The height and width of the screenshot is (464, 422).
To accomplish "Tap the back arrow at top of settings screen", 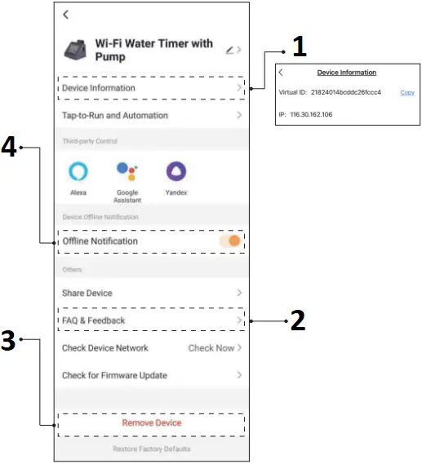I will [x=65, y=14].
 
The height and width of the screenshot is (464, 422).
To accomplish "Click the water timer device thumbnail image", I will [x=77, y=50].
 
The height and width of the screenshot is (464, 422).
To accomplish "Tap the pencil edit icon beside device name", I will [x=230, y=51].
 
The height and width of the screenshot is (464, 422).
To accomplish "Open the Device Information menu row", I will [x=151, y=88].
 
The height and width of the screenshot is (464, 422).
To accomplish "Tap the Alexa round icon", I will [x=78, y=171].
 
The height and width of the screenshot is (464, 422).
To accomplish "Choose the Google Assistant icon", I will [x=127, y=171].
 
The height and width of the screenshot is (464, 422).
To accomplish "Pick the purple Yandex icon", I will [x=175, y=171].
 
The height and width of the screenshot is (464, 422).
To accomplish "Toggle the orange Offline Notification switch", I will [x=229, y=241].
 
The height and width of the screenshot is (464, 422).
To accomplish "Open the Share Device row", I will [x=151, y=293].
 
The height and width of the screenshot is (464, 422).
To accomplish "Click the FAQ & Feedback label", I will [x=94, y=320].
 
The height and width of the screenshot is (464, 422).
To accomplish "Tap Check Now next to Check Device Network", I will [x=211, y=348].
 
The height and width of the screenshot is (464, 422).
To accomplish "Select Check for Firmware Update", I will [x=151, y=376].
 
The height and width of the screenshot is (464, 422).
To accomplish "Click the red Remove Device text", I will [x=152, y=423].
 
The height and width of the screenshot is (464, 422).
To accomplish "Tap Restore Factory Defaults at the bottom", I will [x=152, y=449].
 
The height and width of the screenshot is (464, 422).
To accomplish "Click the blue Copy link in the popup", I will [x=406, y=92].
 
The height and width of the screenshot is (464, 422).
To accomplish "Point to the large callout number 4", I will [x=10, y=148].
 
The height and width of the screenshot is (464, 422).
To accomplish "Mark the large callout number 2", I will [x=298, y=320].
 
